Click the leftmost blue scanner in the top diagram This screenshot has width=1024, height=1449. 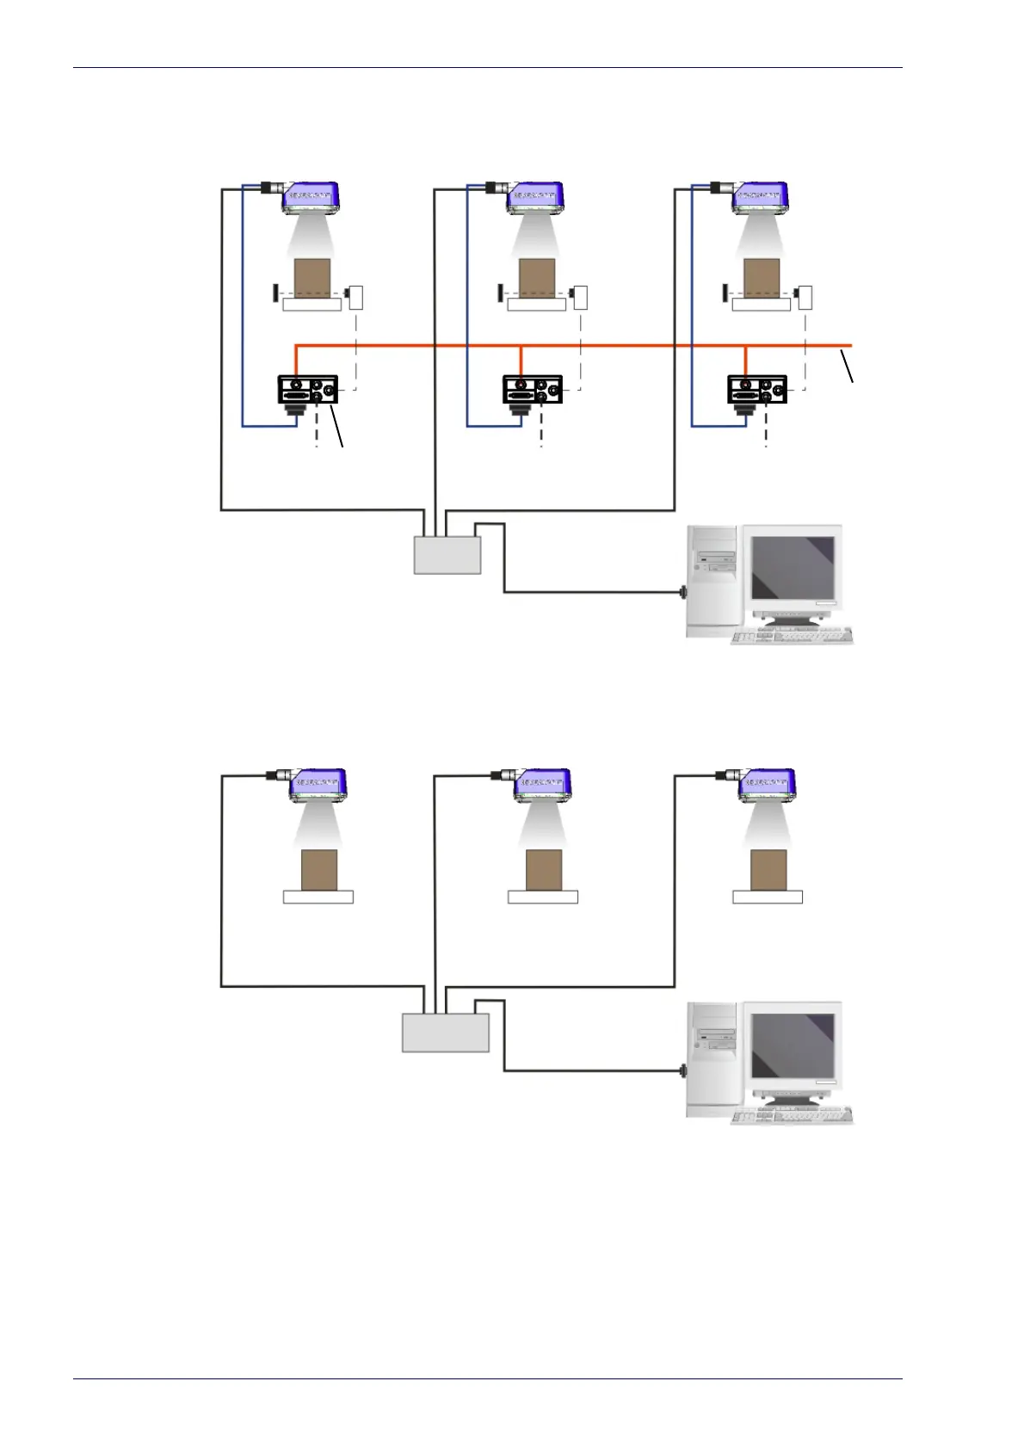[312, 197]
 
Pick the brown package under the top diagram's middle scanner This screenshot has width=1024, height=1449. [535, 277]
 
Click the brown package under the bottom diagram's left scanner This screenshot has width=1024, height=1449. [318, 870]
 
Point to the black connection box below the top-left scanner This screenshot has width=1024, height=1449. [306, 390]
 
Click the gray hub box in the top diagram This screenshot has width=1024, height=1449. [447, 554]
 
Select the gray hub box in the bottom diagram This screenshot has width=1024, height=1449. [446, 1032]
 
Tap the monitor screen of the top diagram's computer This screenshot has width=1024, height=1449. [793, 569]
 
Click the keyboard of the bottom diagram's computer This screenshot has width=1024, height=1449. [792, 1116]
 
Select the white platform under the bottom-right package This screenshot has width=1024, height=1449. [768, 897]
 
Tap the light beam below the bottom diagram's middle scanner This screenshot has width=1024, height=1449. [543, 827]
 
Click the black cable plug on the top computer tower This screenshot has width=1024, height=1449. [683, 592]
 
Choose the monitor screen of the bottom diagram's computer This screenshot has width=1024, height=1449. [793, 1046]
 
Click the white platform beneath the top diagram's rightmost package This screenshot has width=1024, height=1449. [761, 304]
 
